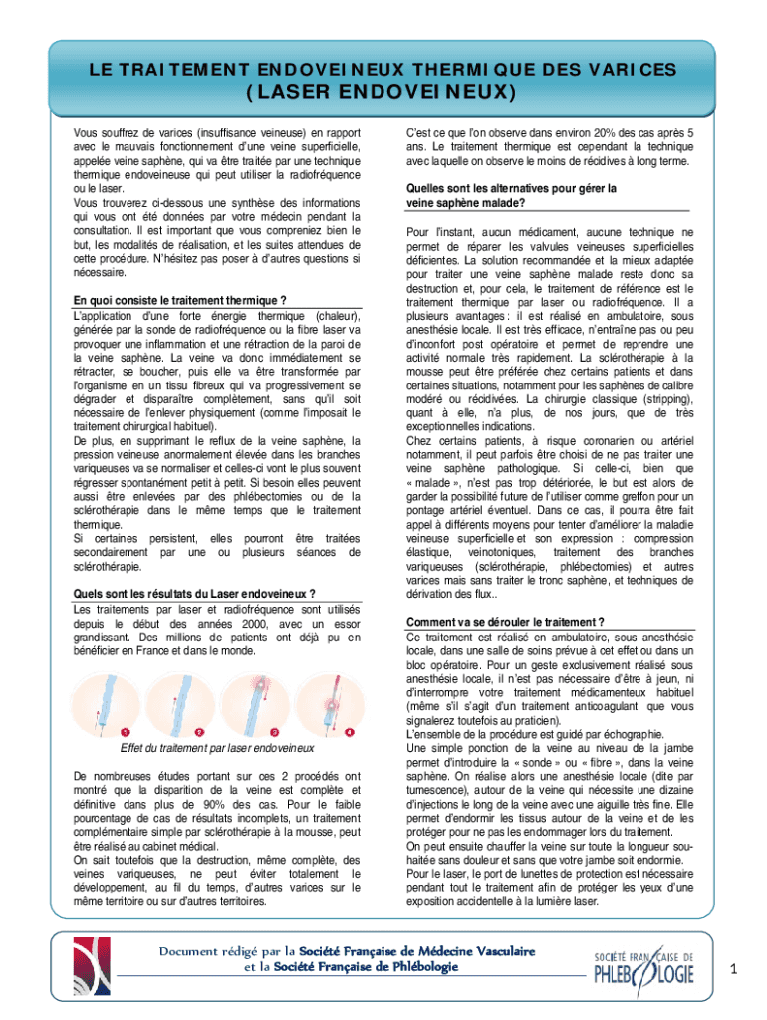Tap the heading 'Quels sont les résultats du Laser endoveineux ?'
195,595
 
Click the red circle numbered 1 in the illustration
125,732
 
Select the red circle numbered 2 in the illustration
200,732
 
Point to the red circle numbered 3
274,732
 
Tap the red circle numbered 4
349,732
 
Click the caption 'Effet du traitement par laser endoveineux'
217,748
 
